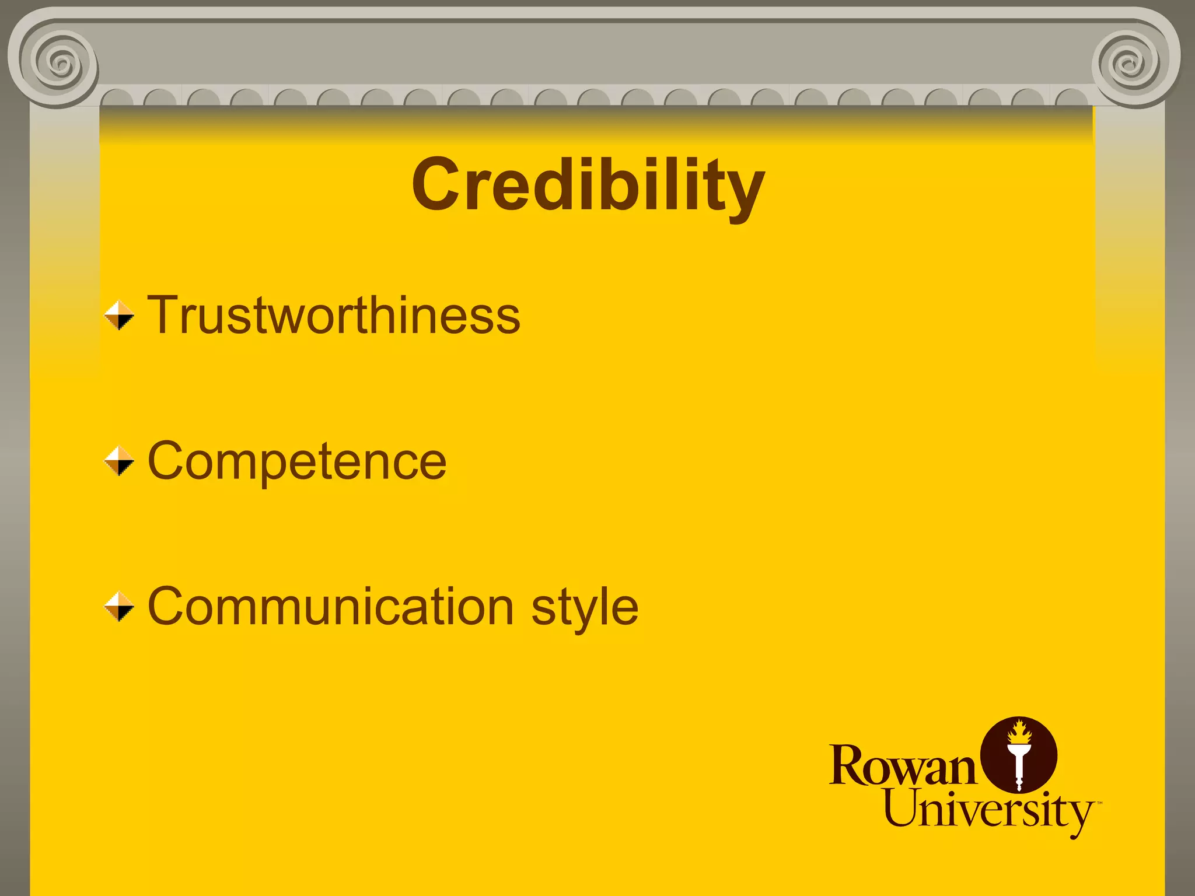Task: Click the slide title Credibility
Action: click(x=588, y=185)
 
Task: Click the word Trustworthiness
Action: click(x=334, y=316)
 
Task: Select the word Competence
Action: click(x=297, y=461)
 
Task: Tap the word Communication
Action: click(x=331, y=607)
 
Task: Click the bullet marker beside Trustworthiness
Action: click(x=119, y=316)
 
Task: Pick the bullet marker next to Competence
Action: click(x=119, y=461)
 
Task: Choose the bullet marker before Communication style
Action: click(x=119, y=607)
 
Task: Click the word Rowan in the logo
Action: click(x=902, y=765)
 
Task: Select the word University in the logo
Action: click(x=988, y=811)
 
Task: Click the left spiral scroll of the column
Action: click(x=58, y=61)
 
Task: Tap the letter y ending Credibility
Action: click(x=746, y=192)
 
